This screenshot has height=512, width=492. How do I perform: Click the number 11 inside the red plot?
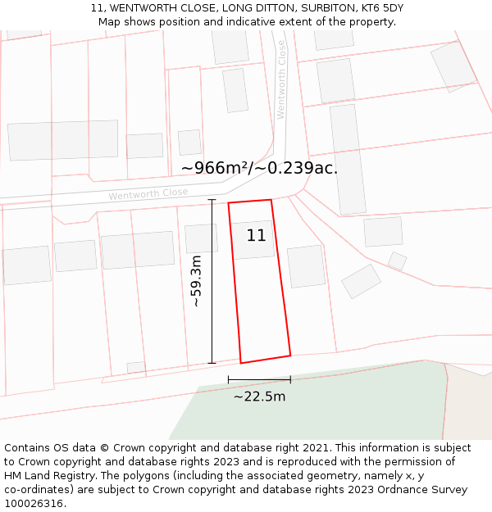256,236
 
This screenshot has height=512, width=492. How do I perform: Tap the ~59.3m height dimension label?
196,282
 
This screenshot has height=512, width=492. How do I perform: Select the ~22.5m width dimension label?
259,397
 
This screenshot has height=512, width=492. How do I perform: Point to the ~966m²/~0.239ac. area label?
259,168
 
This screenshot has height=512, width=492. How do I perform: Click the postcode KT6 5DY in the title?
380,8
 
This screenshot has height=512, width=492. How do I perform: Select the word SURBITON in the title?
316,8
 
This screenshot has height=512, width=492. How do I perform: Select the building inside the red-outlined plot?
252,240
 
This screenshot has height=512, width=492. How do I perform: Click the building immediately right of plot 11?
306,266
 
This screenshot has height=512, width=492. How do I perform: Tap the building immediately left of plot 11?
201,238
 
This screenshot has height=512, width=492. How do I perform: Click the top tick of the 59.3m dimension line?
212,199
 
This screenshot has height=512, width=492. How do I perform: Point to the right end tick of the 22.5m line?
290,379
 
